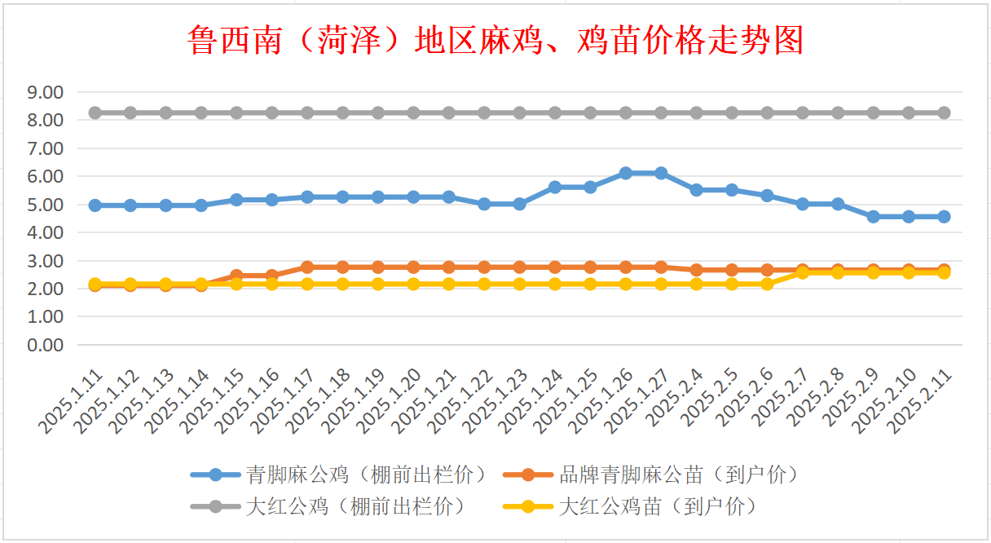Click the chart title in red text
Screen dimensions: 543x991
(x=495, y=39)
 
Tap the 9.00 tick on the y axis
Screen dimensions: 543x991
(x=45, y=92)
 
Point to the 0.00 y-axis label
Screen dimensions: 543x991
(x=45, y=345)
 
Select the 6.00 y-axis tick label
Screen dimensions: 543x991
(x=45, y=176)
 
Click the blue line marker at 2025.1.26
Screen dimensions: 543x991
(x=626, y=173)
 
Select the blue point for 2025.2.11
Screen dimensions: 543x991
(x=944, y=216)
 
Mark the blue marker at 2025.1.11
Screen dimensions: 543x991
(x=95, y=205)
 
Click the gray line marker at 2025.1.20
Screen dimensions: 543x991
(x=413, y=113)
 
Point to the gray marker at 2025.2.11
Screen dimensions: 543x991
(x=944, y=113)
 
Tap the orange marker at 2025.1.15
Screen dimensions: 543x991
(x=236, y=276)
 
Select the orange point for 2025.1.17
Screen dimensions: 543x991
(x=307, y=267)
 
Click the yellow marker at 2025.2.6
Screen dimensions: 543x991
(x=767, y=284)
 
